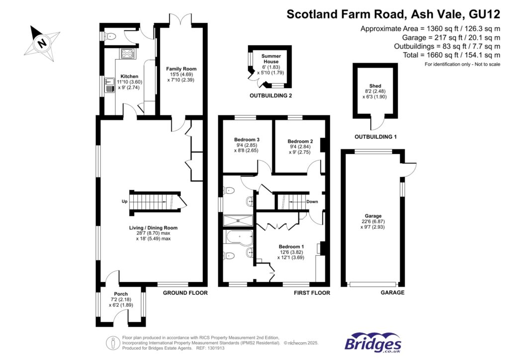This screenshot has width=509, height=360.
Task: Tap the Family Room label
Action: point(181,69)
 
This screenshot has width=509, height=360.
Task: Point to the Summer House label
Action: point(270,58)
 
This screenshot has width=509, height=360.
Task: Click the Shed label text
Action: point(375,86)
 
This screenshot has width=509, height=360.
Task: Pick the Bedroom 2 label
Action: point(300,141)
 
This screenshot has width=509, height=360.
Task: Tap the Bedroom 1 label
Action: point(291,247)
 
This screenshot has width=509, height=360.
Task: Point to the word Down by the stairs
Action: point(312,201)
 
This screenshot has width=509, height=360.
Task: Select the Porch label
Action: point(121,293)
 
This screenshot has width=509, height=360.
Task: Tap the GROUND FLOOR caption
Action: point(185,293)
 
